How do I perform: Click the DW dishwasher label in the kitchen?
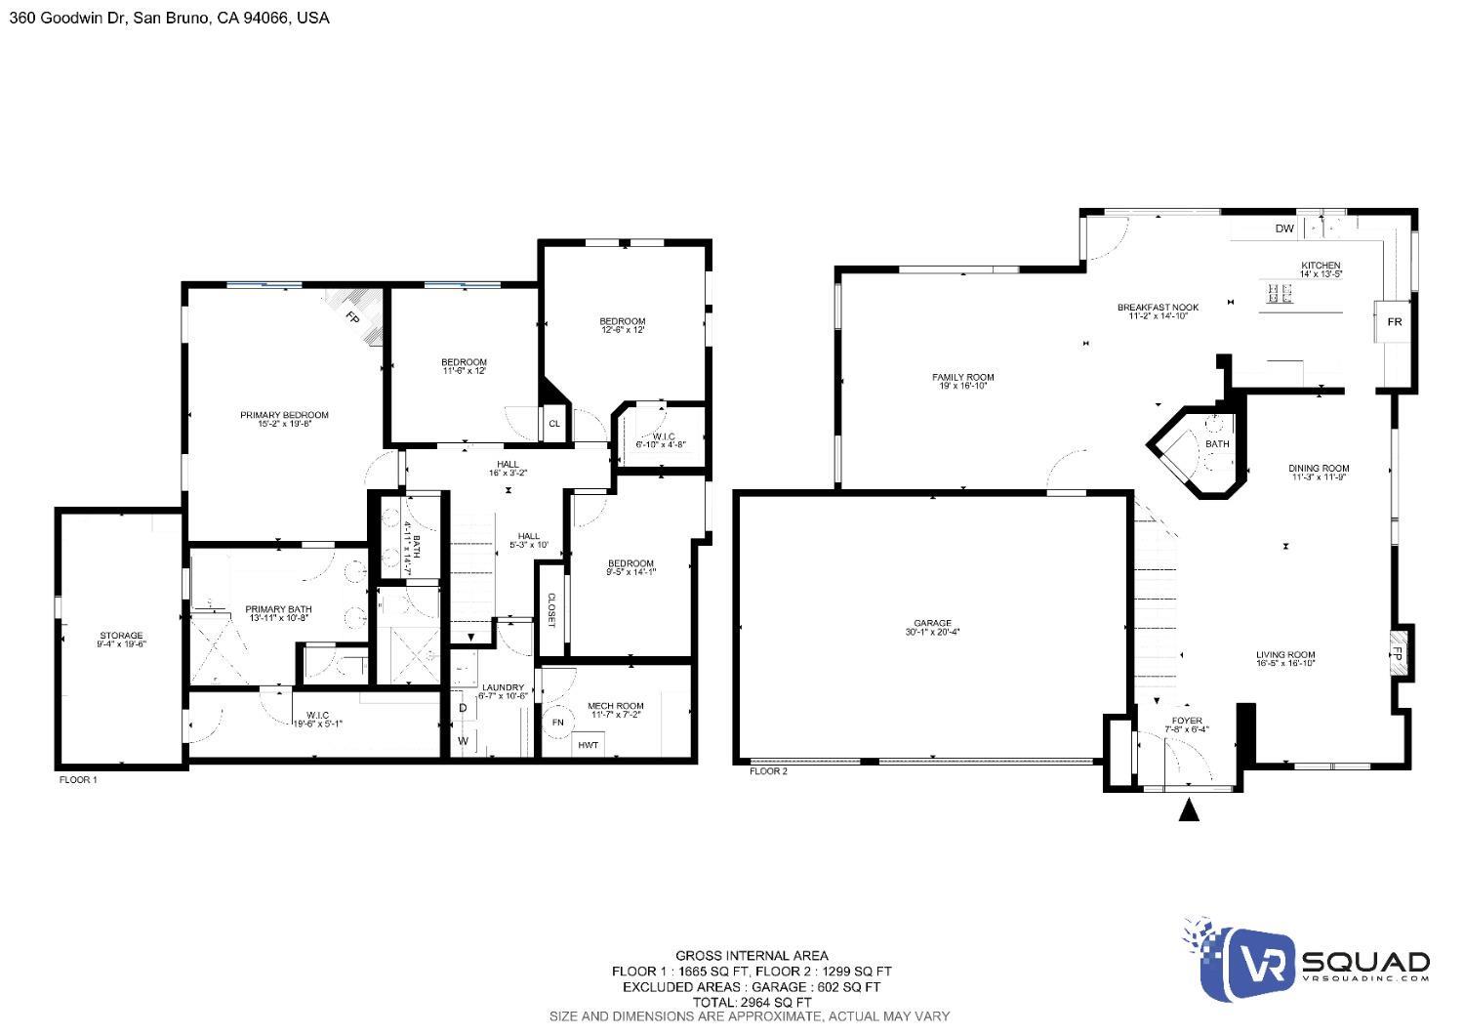pyautogui.click(x=1283, y=228)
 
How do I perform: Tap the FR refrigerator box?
pyautogui.click(x=1395, y=321)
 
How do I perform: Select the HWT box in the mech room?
pyautogui.click(x=588, y=745)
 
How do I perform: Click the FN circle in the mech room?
pyautogui.click(x=558, y=723)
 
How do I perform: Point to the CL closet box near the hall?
pyautogui.click(x=553, y=423)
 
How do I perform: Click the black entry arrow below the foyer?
pyautogui.click(x=1188, y=810)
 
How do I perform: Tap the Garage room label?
pyautogui.click(x=932, y=623)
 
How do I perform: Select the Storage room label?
pyautogui.click(x=120, y=636)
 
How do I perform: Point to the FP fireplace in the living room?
pyautogui.click(x=1397, y=653)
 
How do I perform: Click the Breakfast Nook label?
pyautogui.click(x=1158, y=308)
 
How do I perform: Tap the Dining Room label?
pyautogui.click(x=1319, y=469)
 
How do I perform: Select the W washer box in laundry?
pyautogui.click(x=464, y=741)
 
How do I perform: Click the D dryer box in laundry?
pyautogui.click(x=464, y=709)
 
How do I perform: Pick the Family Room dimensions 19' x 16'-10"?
pyautogui.click(x=962, y=386)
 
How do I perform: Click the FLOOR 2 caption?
pyautogui.click(x=768, y=771)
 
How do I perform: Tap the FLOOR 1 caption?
pyautogui.click(x=78, y=780)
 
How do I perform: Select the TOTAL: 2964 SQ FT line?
pyautogui.click(x=751, y=1002)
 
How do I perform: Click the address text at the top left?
pyautogui.click(x=169, y=18)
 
